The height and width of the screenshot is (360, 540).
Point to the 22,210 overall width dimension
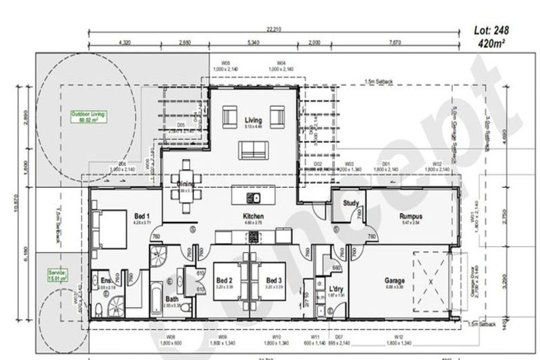click(274, 29)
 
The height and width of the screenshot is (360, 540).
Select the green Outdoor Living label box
click(87, 116)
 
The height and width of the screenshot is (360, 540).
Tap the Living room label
click(252, 120)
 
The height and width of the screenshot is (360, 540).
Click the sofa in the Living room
click(252, 150)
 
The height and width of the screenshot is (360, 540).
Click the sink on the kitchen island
click(257, 197)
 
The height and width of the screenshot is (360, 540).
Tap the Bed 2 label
click(224, 281)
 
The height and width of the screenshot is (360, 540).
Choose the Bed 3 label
click(274, 281)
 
